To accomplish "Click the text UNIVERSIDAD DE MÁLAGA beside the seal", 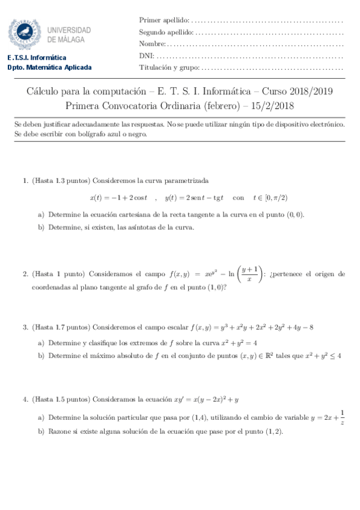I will [x=69, y=34].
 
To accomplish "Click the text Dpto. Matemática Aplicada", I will [x=49, y=67].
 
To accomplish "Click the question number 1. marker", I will [x=25, y=180].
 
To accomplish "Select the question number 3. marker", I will [x=25, y=327].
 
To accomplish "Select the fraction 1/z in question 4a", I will [x=342, y=417].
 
